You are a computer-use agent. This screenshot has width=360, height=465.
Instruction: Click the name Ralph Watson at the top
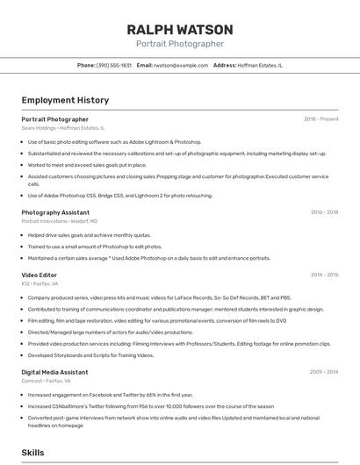pyautogui.click(x=180, y=30)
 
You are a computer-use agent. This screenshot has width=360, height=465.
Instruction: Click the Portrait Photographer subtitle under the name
pyautogui.click(x=180, y=44)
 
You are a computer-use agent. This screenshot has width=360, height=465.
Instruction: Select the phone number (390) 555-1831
pyautogui.click(x=114, y=65)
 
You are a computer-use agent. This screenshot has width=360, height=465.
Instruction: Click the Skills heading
pyautogui.click(x=33, y=452)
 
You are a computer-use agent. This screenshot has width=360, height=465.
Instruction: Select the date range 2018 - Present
pyautogui.click(x=320, y=119)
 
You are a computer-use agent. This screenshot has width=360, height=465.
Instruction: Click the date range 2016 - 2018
pyautogui.click(x=324, y=212)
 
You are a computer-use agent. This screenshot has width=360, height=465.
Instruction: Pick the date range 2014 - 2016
pyautogui.click(x=324, y=275)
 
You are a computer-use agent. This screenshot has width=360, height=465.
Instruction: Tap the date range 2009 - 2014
pyautogui.click(x=324, y=372)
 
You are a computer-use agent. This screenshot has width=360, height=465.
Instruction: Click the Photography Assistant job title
pyautogui.click(x=55, y=212)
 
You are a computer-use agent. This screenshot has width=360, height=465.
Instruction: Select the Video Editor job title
pyautogui.click(x=40, y=275)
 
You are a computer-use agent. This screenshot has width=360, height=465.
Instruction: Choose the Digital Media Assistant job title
pyautogui.click(x=54, y=372)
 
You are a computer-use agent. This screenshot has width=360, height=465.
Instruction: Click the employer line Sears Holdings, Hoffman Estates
pyautogui.click(x=62, y=128)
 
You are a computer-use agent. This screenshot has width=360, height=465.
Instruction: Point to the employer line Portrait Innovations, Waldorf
pyautogui.click(x=60, y=221)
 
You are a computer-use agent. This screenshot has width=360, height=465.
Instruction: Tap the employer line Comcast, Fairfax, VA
pyautogui.click(x=46, y=381)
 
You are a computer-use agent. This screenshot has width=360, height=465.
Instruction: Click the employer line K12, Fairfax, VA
pyautogui.click(x=40, y=284)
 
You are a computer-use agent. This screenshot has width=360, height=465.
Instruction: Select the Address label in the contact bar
pyautogui.click(x=225, y=65)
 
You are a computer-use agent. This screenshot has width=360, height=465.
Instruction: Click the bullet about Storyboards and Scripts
pyautogui.click(x=90, y=355)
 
